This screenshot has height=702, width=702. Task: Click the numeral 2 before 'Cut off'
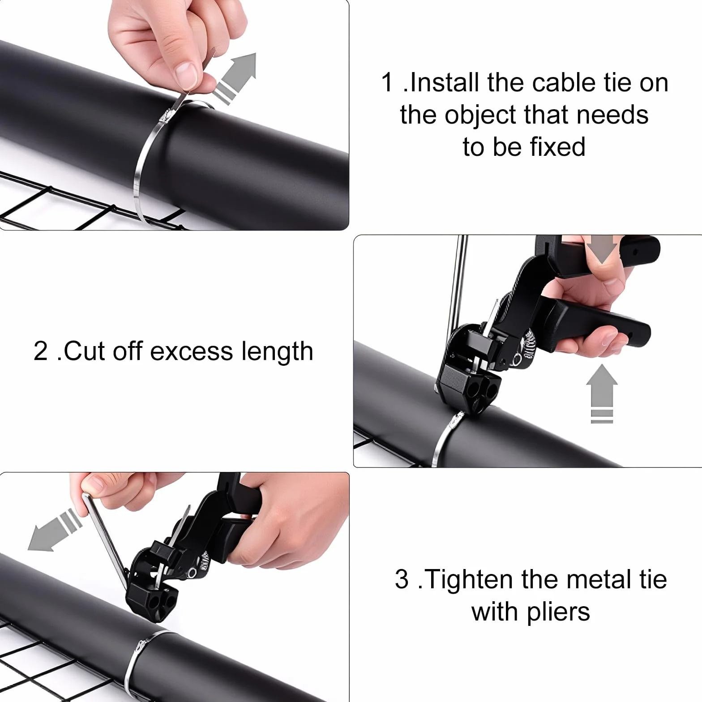tap(40, 351)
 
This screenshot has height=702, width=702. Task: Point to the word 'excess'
tap(192, 352)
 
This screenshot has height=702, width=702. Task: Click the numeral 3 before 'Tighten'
tap(402, 579)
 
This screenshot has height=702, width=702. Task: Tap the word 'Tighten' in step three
tap(468, 580)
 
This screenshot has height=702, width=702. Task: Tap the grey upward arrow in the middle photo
tap(602, 393)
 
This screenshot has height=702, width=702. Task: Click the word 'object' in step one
tap(480, 116)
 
